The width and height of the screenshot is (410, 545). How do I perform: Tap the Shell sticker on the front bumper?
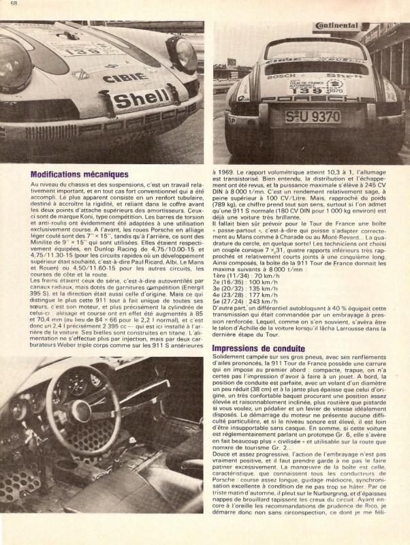click(140, 99)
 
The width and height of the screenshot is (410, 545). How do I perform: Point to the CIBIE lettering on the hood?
click(126, 77)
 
